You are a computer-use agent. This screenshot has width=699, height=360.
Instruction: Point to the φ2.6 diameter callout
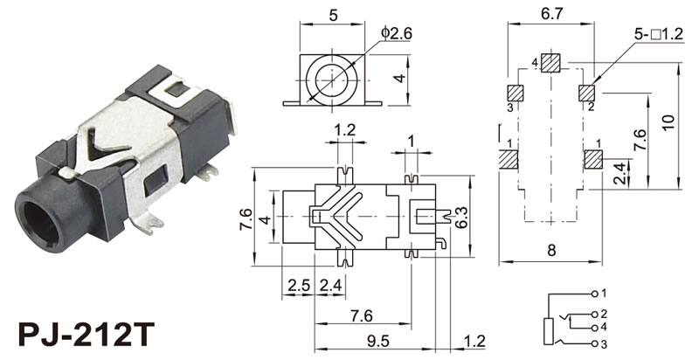[396, 32]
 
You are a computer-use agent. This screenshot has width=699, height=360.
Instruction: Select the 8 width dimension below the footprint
[551, 251]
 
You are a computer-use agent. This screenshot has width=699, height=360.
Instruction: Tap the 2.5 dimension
[298, 284]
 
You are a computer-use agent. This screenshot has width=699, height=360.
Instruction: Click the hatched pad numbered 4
[550, 62]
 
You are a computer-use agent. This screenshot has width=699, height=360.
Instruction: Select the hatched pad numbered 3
[516, 93]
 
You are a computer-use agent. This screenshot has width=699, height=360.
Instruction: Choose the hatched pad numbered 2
[587, 93]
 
